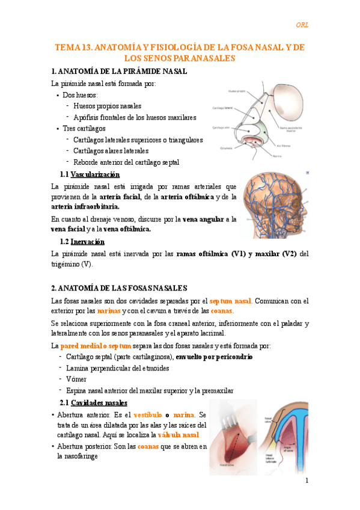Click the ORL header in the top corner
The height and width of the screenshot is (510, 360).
tap(302, 25)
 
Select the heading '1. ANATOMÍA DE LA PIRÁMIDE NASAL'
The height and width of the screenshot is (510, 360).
tap(120, 71)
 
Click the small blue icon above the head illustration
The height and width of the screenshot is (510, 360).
tap(307, 172)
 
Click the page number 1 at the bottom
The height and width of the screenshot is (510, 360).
tap(306, 481)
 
